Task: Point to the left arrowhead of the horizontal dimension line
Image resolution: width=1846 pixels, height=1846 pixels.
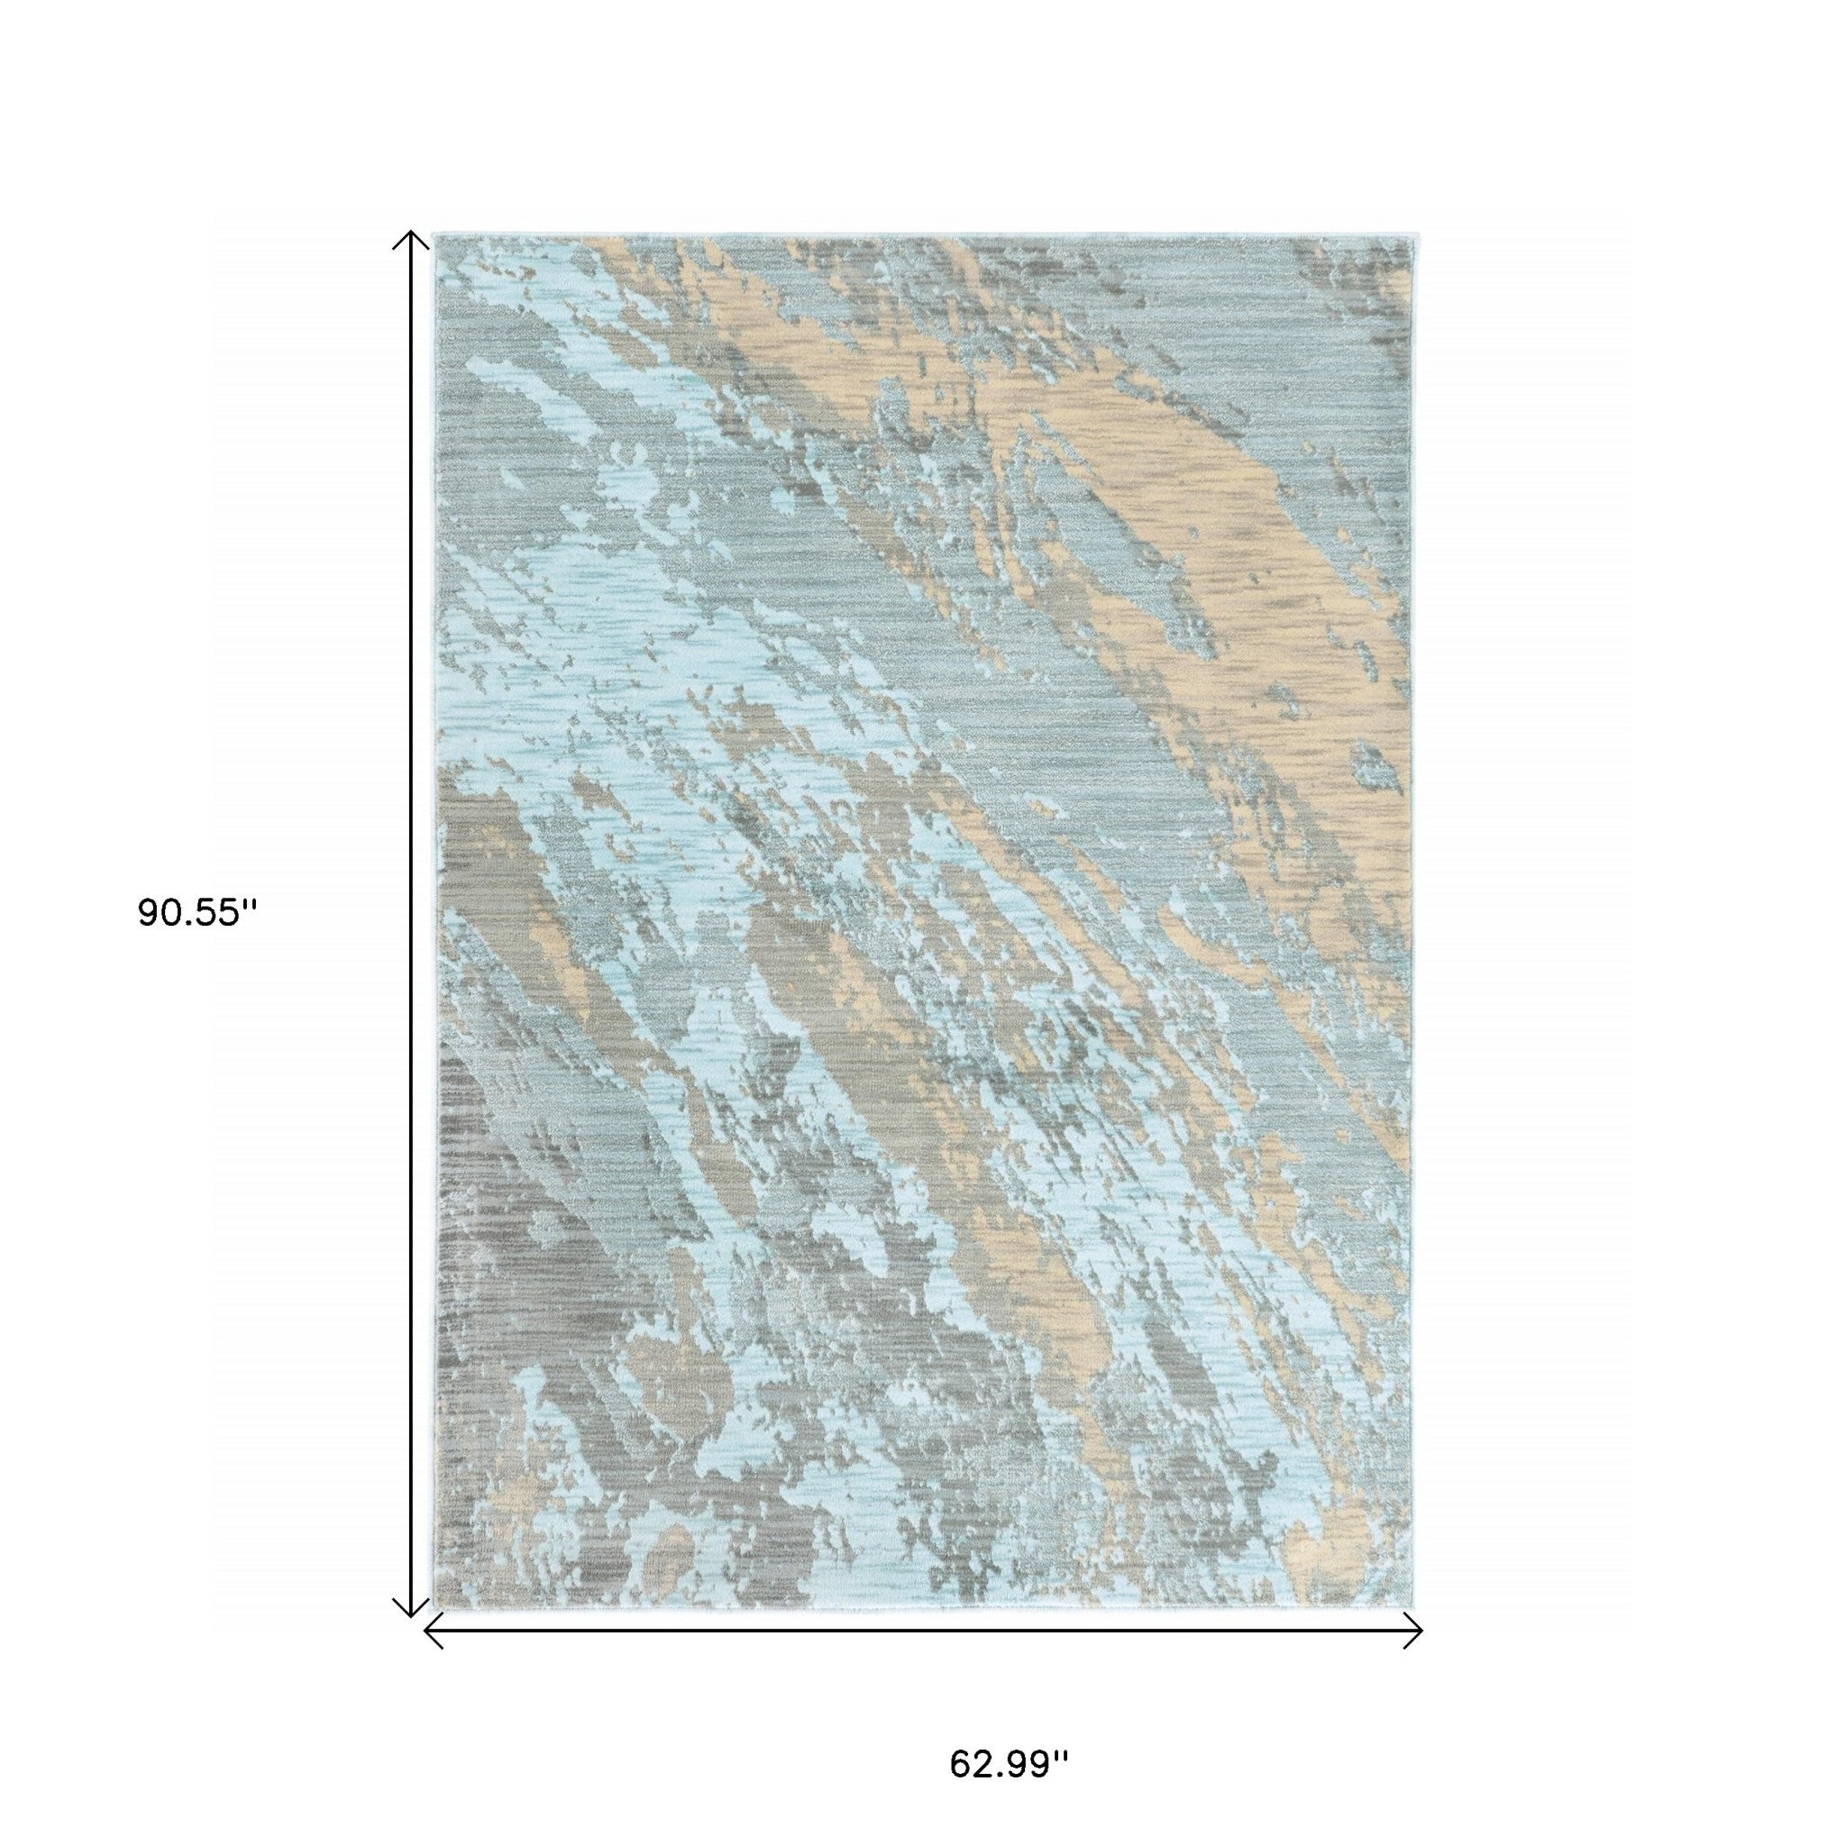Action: point(429,1630)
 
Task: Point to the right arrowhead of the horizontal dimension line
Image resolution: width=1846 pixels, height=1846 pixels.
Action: point(1417,1630)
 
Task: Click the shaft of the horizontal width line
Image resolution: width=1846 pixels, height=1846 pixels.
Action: point(922,1630)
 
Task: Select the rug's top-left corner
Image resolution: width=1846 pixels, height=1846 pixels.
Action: point(434,235)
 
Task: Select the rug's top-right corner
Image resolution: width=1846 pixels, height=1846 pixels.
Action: point(1412,235)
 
